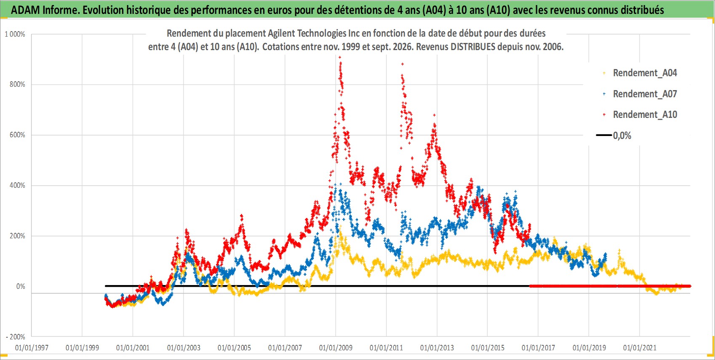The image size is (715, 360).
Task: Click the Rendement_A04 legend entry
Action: click(x=640, y=73)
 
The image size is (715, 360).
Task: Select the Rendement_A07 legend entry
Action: click(x=640, y=94)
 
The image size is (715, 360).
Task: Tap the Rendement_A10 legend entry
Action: click(x=640, y=115)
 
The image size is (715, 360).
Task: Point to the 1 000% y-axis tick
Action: click(x=15, y=34)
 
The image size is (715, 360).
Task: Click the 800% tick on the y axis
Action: click(x=17, y=85)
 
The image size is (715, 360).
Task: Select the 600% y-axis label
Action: click(x=17, y=135)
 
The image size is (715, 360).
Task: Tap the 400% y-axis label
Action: click(x=17, y=185)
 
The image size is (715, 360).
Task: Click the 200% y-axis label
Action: click(x=17, y=236)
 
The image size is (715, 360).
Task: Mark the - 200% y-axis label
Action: click(x=15, y=337)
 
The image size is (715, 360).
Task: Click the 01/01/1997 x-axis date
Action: click(x=32, y=347)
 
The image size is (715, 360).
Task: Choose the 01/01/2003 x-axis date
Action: click(x=184, y=347)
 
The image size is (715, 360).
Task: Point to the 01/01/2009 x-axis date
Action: click(x=336, y=347)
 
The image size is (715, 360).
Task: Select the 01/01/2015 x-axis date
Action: click(x=488, y=347)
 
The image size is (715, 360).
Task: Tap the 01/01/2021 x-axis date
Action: click(x=640, y=347)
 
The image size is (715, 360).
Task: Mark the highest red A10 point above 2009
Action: click(x=340, y=57)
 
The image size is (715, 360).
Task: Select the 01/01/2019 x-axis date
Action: click(x=589, y=347)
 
